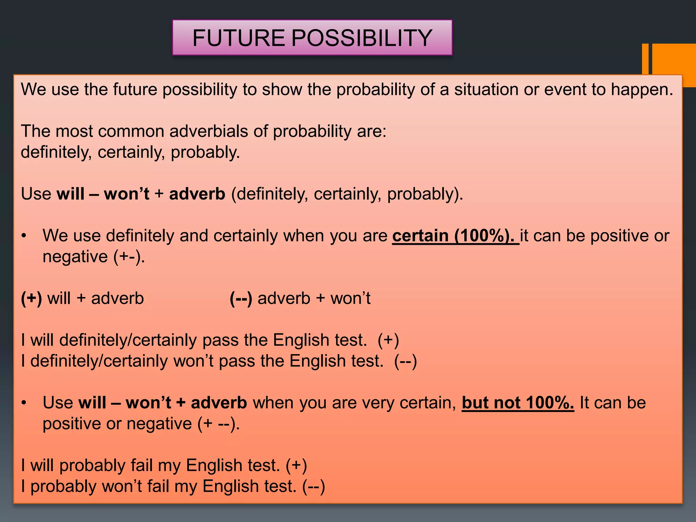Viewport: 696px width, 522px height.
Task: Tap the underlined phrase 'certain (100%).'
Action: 455,236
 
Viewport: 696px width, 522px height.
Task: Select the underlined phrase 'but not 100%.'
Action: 518,403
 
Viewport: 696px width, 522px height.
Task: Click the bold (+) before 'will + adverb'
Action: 31,298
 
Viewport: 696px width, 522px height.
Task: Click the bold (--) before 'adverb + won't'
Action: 241,298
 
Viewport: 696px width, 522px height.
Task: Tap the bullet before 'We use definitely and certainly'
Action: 23,236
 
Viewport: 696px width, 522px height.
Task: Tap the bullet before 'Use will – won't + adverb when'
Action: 23,403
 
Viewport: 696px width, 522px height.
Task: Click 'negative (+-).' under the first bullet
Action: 94,257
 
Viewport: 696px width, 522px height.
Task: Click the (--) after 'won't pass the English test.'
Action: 405,361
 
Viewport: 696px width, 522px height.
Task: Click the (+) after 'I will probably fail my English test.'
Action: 296,466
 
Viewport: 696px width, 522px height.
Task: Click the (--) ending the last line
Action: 313,486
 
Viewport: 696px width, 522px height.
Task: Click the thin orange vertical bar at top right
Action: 645,58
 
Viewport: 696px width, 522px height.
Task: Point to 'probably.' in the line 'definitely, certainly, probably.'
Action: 205,152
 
